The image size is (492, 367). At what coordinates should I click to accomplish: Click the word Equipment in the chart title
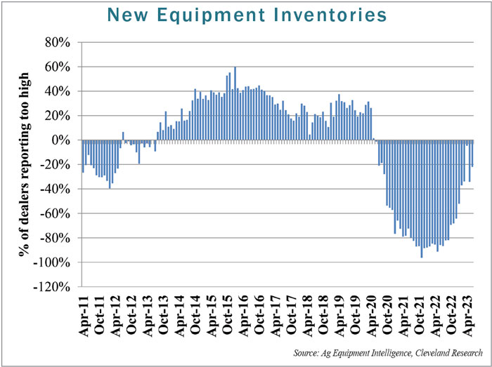point(195,14)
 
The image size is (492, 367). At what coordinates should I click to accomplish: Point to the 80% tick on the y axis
point(58,43)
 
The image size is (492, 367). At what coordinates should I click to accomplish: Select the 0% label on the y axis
point(62,140)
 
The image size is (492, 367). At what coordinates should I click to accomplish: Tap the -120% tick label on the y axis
point(53,287)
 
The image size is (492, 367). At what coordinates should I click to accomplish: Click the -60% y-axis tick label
point(56,213)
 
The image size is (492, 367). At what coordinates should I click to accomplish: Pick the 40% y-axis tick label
point(58,91)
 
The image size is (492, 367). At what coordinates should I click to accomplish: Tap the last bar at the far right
point(473,153)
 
